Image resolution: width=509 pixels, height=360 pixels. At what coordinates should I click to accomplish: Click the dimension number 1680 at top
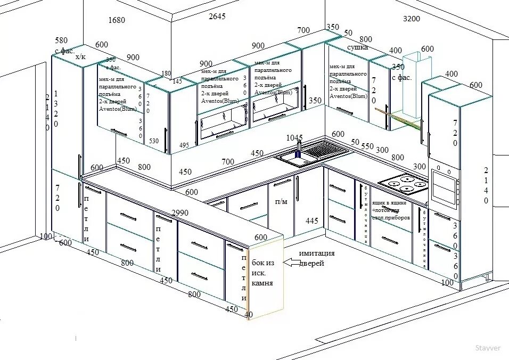[x=117, y=20]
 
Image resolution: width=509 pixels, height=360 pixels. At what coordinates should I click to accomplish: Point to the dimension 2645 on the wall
[x=217, y=17]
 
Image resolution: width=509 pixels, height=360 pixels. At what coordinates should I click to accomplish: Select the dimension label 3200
[x=411, y=19]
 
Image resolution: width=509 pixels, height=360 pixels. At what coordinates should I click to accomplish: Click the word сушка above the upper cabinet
[x=358, y=47]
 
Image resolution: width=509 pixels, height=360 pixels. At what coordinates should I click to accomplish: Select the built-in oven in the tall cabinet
[x=445, y=186]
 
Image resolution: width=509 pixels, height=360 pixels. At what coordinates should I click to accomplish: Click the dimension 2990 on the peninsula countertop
[x=179, y=212]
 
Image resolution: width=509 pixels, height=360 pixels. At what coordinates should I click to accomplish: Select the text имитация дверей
[x=316, y=258]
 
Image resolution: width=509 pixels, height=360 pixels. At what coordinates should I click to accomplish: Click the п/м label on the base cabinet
[x=281, y=202]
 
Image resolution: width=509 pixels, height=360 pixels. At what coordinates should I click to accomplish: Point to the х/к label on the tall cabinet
[x=80, y=56]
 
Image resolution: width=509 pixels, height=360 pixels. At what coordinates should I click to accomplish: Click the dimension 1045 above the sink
[x=294, y=137]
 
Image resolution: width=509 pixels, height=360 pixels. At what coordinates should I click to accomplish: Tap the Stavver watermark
[x=488, y=348]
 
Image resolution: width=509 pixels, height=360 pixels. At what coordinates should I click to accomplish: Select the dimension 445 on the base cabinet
[x=312, y=220]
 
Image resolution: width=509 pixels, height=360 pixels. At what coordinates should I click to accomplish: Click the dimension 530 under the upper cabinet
[x=154, y=141]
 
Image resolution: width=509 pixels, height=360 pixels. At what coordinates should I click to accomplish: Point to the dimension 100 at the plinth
[x=46, y=236]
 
